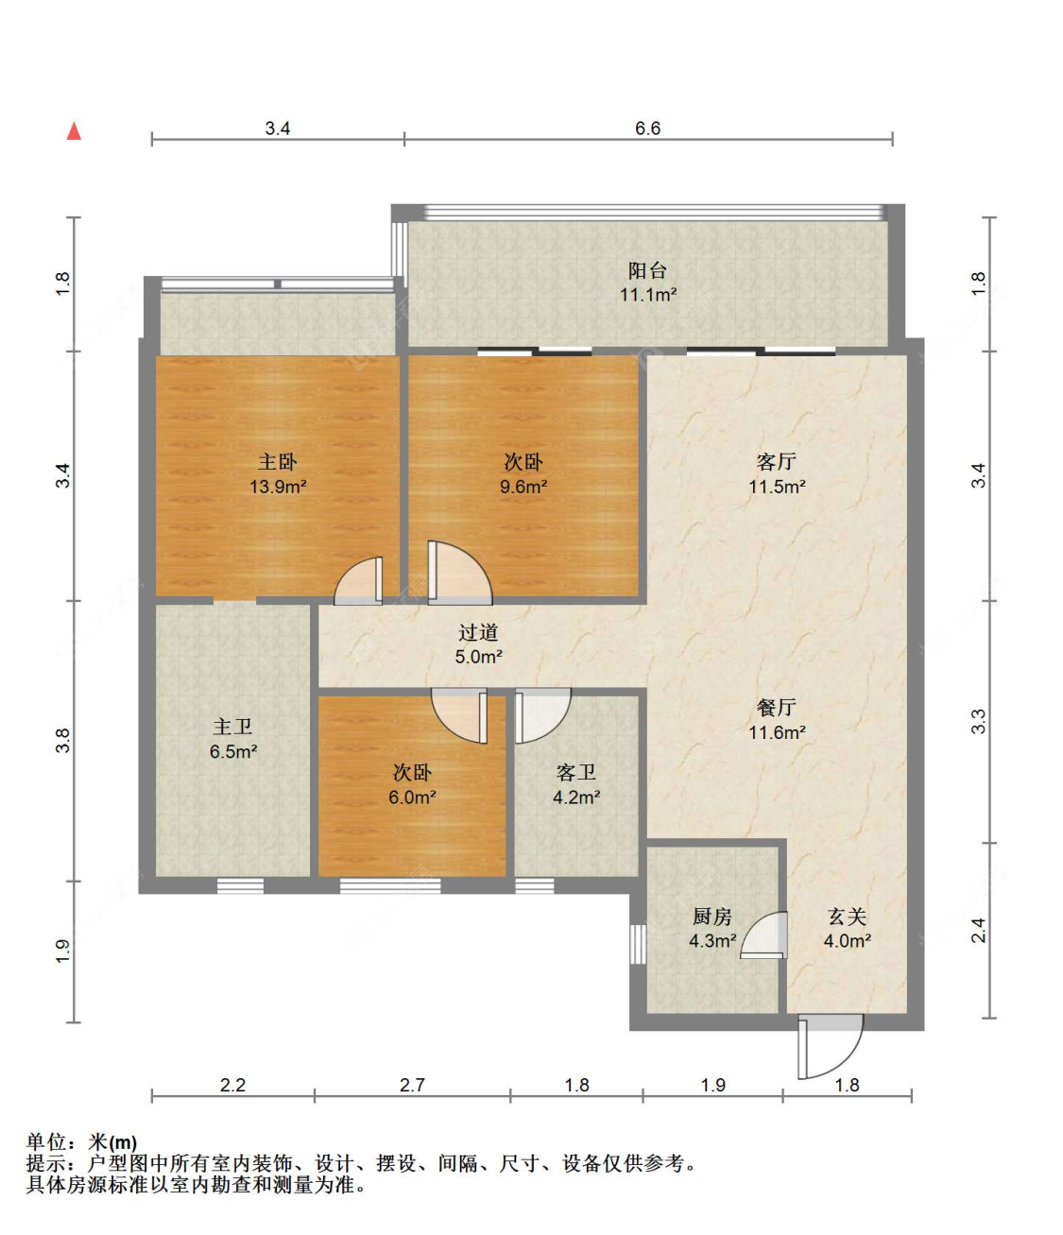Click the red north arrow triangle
(x=74, y=130)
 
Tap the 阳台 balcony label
(x=646, y=270)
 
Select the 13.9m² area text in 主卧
(x=278, y=487)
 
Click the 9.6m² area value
(x=523, y=487)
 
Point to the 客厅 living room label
(x=776, y=461)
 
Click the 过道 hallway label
(x=478, y=632)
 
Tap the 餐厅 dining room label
(x=776, y=708)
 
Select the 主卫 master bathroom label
(x=232, y=727)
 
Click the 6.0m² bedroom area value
(x=412, y=798)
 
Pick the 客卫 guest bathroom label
(x=576, y=773)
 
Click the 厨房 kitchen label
(x=712, y=917)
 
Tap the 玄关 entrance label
(x=847, y=917)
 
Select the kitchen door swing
(x=755, y=925)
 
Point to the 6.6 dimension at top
(x=647, y=129)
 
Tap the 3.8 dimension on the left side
(x=62, y=741)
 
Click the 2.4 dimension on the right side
(x=978, y=931)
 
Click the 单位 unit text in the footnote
(x=46, y=1142)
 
